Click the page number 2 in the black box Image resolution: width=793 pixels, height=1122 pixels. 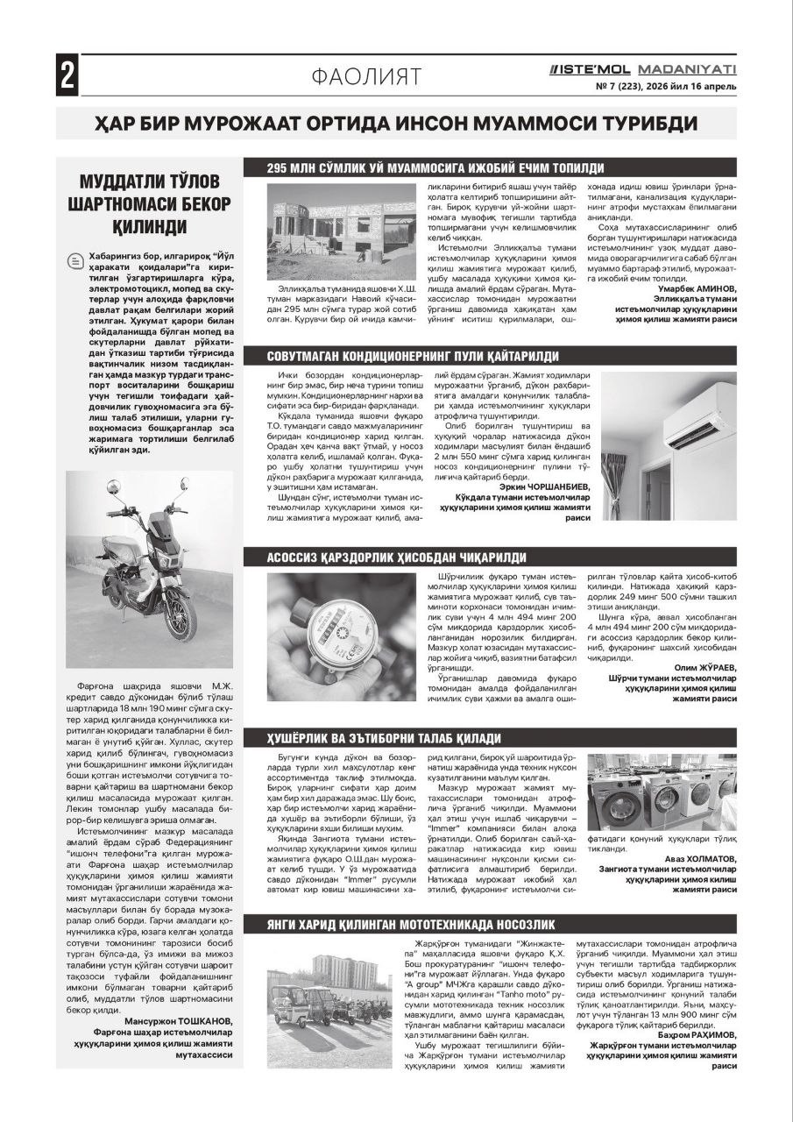(x=67, y=75)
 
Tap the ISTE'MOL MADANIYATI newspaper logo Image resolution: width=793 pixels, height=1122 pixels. (x=641, y=68)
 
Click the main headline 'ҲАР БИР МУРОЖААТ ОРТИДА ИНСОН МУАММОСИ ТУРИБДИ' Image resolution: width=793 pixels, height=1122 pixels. (x=396, y=124)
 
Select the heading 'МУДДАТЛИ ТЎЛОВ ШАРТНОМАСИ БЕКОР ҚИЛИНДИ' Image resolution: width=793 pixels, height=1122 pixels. (x=149, y=204)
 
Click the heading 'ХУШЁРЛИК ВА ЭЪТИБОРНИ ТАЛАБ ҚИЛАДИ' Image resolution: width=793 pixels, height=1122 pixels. (x=384, y=738)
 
